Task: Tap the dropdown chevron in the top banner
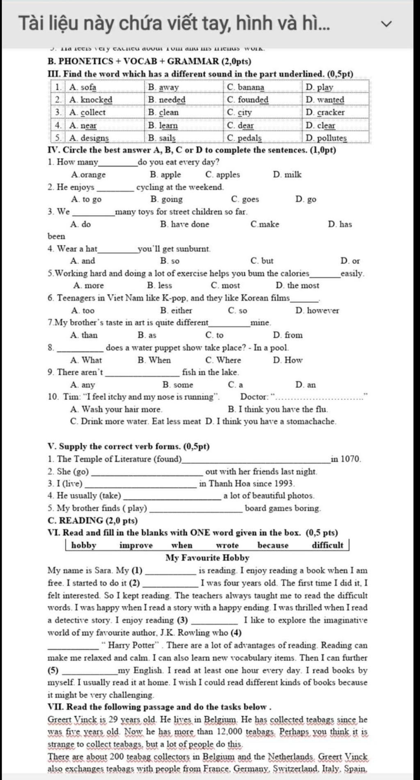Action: [386, 24]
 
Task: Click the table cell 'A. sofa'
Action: [83, 87]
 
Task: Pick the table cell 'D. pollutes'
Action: [326, 138]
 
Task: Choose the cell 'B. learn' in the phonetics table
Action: [163, 125]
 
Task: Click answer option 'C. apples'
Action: [223, 175]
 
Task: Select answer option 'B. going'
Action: [167, 199]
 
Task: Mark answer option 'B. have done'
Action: [185, 224]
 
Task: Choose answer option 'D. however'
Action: [317, 311]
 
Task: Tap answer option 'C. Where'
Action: [223, 360]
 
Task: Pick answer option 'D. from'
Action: [288, 335]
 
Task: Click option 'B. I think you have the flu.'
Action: [278, 410]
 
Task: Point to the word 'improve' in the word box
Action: [136, 545]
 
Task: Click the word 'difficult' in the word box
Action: [327, 545]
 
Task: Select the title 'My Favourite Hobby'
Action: [207, 558]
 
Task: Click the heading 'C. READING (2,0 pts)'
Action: [93, 521]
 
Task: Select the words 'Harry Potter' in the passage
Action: [133, 645]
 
